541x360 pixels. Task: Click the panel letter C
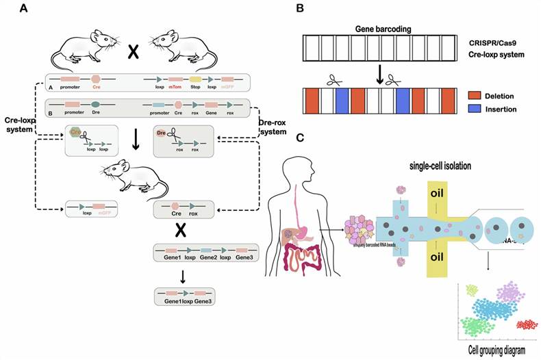click(299, 138)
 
